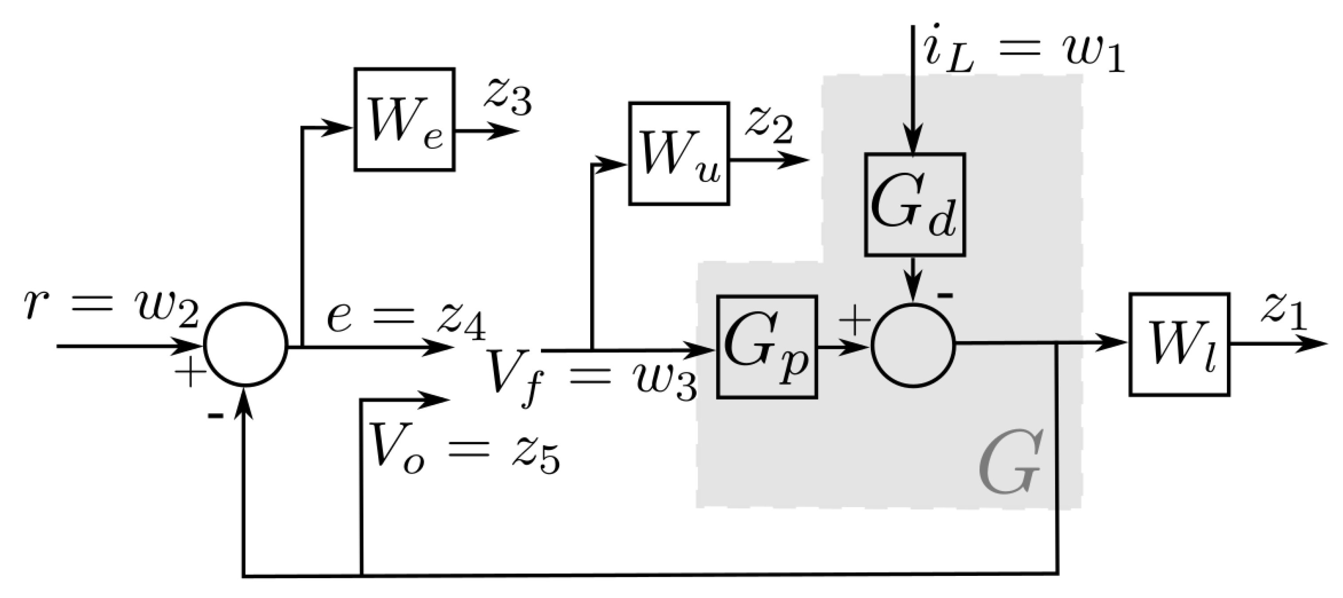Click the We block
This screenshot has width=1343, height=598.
tap(404, 119)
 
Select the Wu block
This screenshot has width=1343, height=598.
tap(679, 154)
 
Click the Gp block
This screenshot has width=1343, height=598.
tap(767, 347)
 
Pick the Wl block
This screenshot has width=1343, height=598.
tap(1179, 344)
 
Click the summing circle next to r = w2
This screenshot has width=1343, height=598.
tap(246, 345)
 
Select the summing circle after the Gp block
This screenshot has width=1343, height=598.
tap(913, 345)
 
